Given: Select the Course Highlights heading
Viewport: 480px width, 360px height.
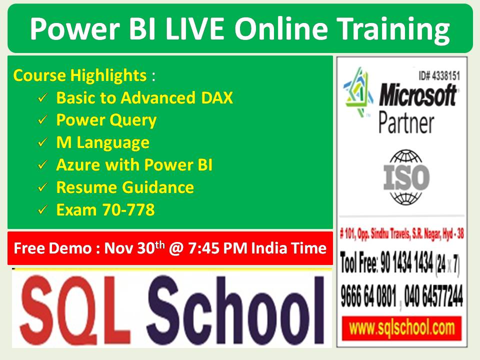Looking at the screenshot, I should click(x=79, y=76).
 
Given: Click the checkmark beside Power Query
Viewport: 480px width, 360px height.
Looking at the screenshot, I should click(x=43, y=120).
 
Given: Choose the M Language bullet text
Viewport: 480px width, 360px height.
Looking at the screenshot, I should click(x=102, y=142).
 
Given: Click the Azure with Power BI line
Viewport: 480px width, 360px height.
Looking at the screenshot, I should click(x=134, y=165).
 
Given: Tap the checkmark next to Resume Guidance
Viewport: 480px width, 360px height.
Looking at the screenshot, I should click(x=43, y=188).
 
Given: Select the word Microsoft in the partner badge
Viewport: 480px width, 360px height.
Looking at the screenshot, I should click(x=417, y=95).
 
